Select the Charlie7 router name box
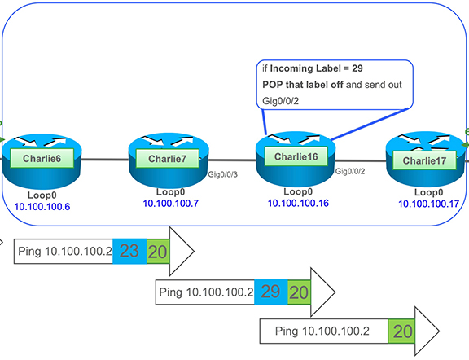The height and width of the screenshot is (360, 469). pyautogui.click(x=167, y=157)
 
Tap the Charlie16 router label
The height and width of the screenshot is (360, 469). pyautogui.click(x=296, y=156)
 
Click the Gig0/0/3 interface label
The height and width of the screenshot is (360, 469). pyautogui.click(x=225, y=174)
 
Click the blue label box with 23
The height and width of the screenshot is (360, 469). pyautogui.click(x=129, y=252)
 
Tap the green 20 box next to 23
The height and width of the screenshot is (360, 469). pyautogui.click(x=158, y=252)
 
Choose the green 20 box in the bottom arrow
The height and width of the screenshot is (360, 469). pyautogui.click(x=401, y=331)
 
